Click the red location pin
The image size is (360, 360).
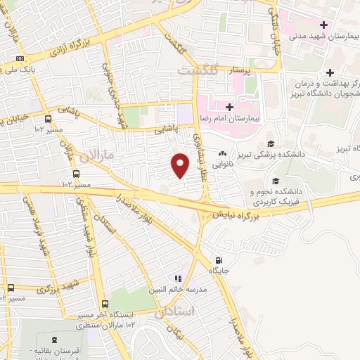pyautogui.click(x=180, y=165)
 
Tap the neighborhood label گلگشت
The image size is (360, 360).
pyautogui.click(x=198, y=72)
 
